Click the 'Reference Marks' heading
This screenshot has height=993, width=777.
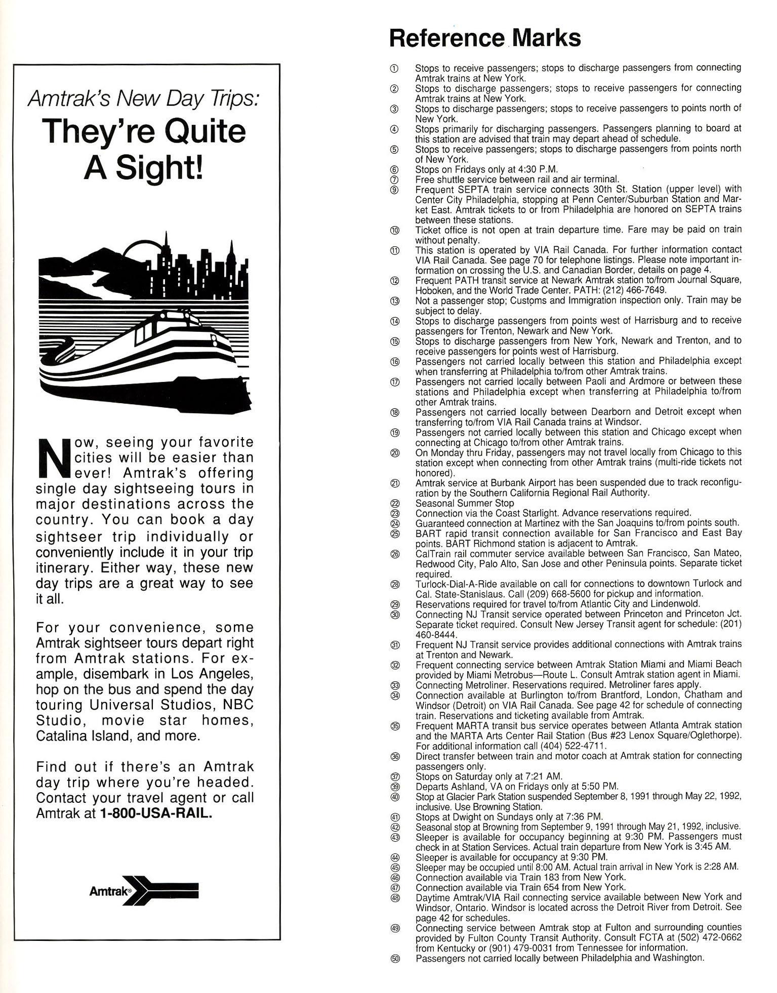484,38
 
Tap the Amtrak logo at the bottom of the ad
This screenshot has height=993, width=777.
144,890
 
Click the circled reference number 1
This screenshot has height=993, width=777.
395,68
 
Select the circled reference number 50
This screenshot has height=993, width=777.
395,959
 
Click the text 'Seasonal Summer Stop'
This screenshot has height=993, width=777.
464,503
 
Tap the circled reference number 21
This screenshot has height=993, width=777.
395,483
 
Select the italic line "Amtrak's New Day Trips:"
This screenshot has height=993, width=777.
143,98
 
